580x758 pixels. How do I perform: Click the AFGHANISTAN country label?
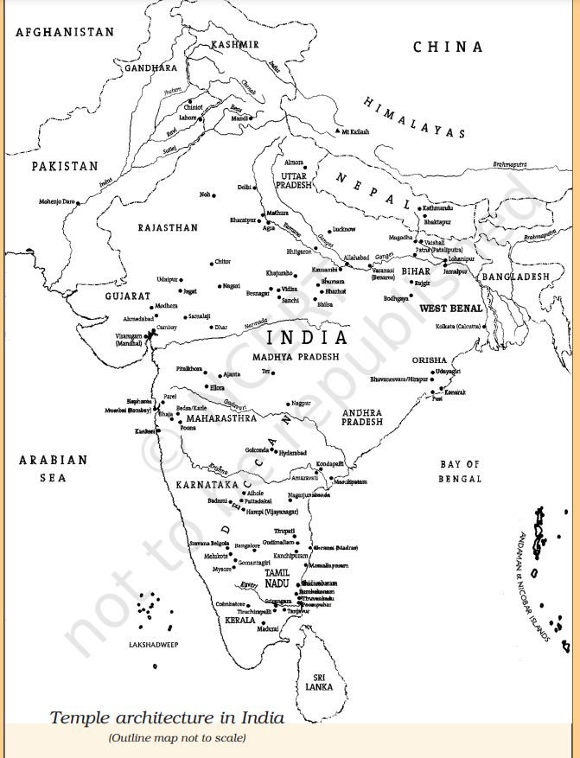65,32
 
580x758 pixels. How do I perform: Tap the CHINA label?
448,48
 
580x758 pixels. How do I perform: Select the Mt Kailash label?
354,131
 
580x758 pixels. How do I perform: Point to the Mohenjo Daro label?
57,202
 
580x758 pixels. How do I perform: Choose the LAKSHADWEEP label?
153,645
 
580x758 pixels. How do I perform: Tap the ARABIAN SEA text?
54,468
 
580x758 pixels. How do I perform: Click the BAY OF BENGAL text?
460,471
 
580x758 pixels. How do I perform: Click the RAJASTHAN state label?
168,228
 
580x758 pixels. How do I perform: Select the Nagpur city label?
300,403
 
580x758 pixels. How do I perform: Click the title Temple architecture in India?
166,717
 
